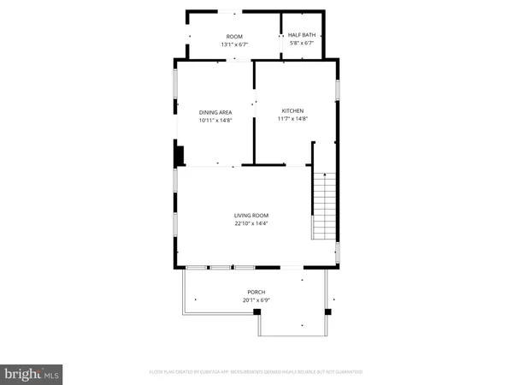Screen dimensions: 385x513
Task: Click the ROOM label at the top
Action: (234, 37)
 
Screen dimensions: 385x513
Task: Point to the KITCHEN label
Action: (294, 111)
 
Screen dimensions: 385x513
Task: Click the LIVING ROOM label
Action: (252, 216)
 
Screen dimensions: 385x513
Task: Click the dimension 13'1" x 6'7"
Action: (234, 44)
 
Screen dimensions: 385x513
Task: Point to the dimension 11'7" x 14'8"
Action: (294, 119)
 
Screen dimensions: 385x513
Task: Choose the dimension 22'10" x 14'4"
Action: (252, 224)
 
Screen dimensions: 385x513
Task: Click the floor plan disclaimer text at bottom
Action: (256, 372)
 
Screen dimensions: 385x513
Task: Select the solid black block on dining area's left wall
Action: (179, 156)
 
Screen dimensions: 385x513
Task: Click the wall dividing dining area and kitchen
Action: (254, 128)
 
